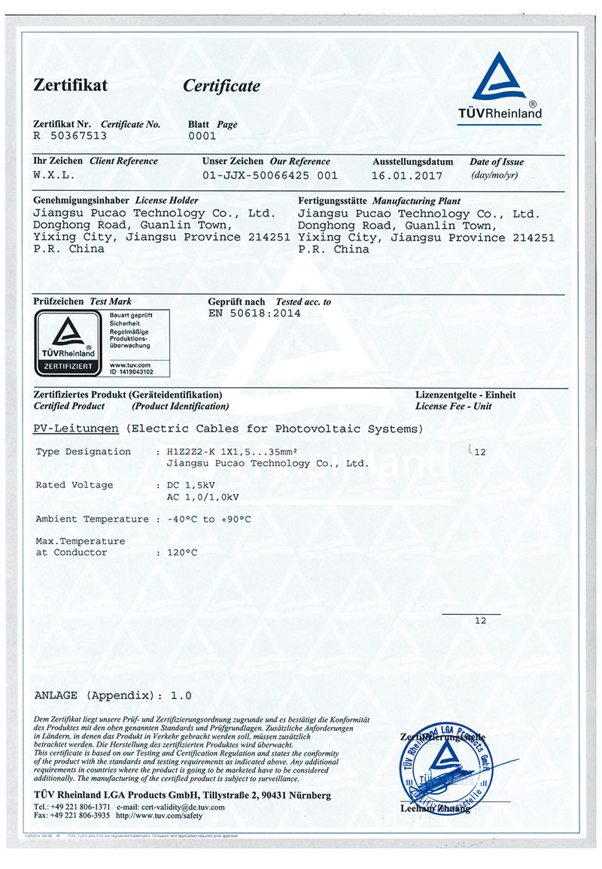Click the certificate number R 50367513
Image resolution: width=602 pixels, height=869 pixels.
point(70,136)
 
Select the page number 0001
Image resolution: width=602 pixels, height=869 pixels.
point(202,136)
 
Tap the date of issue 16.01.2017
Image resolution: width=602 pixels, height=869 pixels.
point(406,175)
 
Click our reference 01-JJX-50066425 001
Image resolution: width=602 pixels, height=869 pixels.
point(270,175)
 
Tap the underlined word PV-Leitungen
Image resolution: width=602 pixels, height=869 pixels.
point(77,429)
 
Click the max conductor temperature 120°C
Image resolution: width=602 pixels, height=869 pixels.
point(181,553)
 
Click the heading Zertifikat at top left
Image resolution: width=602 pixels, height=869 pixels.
point(70,85)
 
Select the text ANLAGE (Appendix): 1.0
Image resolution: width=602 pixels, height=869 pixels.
point(113,695)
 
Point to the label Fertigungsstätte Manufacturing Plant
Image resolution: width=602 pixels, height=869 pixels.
point(379,201)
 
